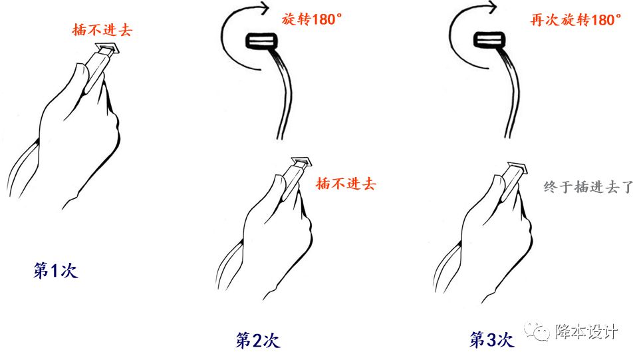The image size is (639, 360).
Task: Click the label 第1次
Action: point(55,270)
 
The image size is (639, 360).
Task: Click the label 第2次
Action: point(257,339)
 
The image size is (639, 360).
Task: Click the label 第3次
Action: point(491,339)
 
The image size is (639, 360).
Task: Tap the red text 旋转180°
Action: point(311,19)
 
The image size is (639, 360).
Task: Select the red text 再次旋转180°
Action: point(576,19)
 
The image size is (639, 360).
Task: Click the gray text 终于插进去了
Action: point(588,187)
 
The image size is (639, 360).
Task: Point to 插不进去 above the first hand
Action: point(102,30)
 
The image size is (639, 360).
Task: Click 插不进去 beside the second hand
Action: point(346,184)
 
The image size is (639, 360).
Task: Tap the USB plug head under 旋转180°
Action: point(261,41)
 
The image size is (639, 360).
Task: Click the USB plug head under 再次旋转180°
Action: point(489,41)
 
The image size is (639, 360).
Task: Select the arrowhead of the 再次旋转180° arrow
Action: point(492,7)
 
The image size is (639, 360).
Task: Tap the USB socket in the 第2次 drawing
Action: point(303,162)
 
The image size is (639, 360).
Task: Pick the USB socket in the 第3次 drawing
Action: point(517,168)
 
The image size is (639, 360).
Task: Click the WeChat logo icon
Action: point(537,331)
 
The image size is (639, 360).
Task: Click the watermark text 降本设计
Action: point(586,331)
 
